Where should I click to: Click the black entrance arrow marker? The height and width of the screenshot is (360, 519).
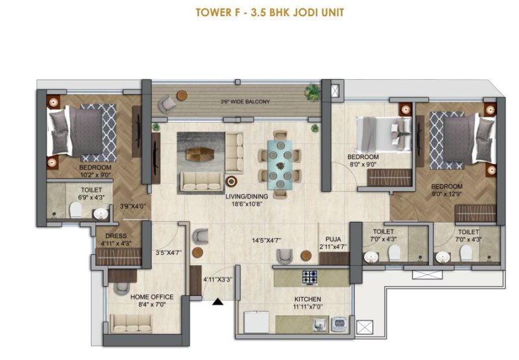(217, 302)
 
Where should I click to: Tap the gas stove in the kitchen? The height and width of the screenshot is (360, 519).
(310, 278)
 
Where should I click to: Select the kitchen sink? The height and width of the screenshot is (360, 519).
(320, 324)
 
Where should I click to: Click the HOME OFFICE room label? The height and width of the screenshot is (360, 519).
(152, 297)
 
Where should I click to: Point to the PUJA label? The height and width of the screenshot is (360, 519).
(333, 239)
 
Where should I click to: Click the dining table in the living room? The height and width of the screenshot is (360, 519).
(280, 165)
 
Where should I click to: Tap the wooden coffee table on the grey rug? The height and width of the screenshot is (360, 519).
(200, 154)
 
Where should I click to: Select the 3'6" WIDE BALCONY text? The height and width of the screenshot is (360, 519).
(245, 102)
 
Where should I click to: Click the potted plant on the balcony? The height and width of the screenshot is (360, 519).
(313, 91)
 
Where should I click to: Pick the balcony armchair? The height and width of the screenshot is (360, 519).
(167, 104)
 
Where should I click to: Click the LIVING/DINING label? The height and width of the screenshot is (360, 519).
(247, 196)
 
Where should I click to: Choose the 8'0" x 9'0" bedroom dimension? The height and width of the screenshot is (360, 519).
(363, 165)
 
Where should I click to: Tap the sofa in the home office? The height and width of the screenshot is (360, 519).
(131, 324)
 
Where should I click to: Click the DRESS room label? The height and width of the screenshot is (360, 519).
(116, 236)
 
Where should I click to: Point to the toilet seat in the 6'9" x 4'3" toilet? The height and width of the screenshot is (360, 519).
(76, 210)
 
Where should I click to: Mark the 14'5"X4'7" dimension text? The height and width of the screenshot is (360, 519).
(267, 240)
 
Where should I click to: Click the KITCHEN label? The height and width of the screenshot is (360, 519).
(308, 299)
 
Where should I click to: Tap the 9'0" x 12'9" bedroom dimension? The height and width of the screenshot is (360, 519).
(447, 195)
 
